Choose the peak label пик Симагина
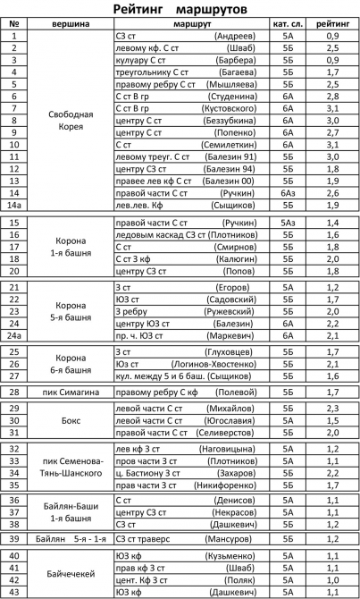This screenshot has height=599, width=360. coord(70,392)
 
